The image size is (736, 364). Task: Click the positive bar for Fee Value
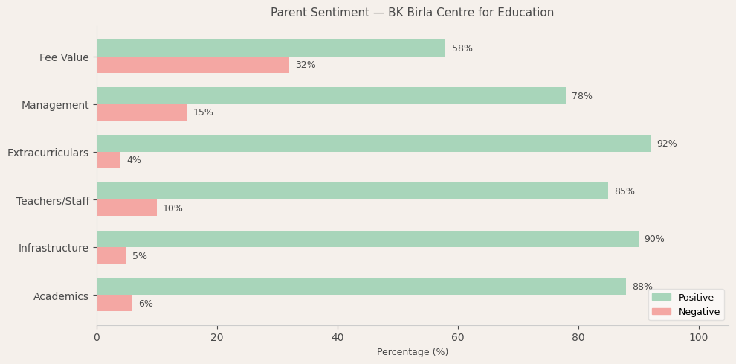(271, 48)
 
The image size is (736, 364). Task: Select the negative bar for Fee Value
(193, 65)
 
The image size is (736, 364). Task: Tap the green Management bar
(331, 96)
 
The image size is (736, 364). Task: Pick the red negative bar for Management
(141, 112)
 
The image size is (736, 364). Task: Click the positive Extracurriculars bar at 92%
(373, 144)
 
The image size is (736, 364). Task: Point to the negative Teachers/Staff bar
(126, 208)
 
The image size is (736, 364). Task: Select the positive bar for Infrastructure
(367, 239)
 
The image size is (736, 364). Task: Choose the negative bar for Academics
(114, 304)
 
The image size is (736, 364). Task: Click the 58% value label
(462, 48)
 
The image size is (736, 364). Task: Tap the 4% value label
(134, 160)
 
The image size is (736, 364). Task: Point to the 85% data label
(624, 191)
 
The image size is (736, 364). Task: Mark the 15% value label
(203, 112)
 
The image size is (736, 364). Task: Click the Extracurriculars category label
(48, 153)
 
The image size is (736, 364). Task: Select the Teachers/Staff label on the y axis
(53, 201)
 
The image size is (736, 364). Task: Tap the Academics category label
(61, 296)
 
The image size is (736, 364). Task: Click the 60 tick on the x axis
(458, 338)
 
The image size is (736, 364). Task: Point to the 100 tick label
(699, 338)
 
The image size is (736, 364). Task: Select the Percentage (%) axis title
(413, 352)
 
